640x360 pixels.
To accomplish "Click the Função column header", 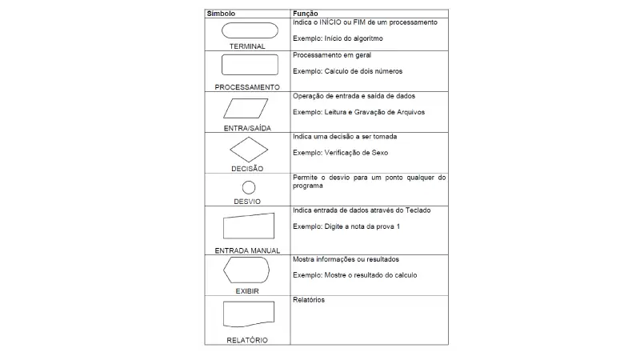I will tap(306, 14).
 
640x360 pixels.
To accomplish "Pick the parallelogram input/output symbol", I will tap(247, 108).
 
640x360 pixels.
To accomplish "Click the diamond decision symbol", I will tap(247, 150).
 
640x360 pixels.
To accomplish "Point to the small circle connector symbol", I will tap(248, 188).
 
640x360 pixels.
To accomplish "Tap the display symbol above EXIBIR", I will tap(247, 271).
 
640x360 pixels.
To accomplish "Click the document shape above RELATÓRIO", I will tap(248, 315).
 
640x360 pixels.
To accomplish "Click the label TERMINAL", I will tap(247, 46).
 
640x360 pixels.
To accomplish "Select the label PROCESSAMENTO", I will tap(247, 86).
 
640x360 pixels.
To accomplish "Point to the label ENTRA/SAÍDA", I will tap(247, 128).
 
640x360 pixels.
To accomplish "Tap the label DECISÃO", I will tap(247, 169).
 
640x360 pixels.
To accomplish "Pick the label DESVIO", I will tap(247, 202).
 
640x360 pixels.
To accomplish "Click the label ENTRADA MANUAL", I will tap(247, 250).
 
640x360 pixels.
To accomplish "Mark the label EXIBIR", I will tap(247, 291).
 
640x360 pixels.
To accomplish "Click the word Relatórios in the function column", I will tap(310, 301).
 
